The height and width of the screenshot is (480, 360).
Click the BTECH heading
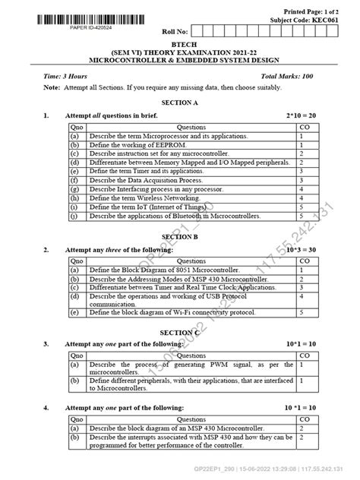(x=179, y=45)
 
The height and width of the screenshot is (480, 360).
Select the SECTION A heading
(x=179, y=102)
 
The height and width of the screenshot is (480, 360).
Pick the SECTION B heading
(x=179, y=236)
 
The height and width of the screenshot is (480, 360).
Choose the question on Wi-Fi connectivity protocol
(x=172, y=312)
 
